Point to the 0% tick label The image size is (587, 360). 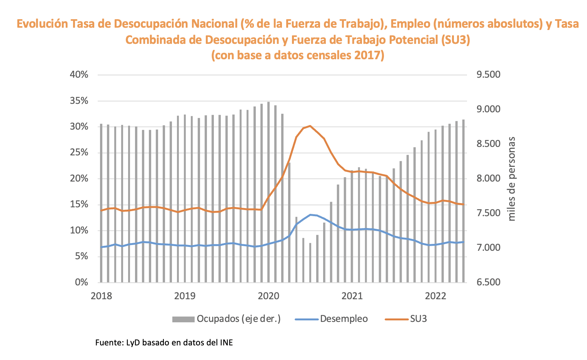81,282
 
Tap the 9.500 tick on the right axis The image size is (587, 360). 489,75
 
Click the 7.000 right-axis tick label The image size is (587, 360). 489,248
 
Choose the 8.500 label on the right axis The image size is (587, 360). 489,144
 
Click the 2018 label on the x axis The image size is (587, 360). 102,296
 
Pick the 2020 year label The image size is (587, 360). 269,296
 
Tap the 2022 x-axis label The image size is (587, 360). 436,296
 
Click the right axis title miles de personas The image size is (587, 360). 512,179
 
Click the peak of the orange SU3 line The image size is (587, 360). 310,126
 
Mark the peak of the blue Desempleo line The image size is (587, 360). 310,215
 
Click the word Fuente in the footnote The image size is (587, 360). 108,342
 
